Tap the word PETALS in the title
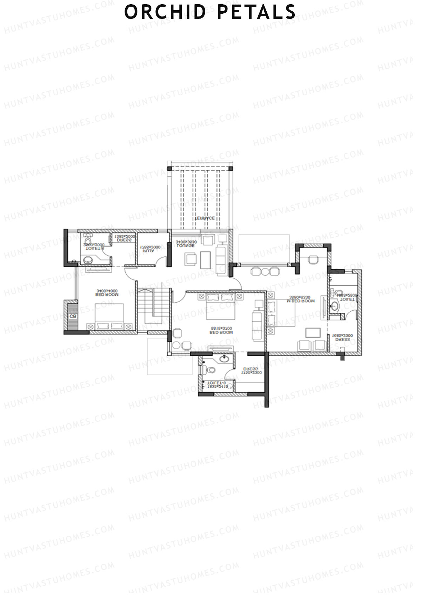point(256,12)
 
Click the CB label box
point(73,316)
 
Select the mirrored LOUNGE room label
point(186,245)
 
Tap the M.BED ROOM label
point(301,301)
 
